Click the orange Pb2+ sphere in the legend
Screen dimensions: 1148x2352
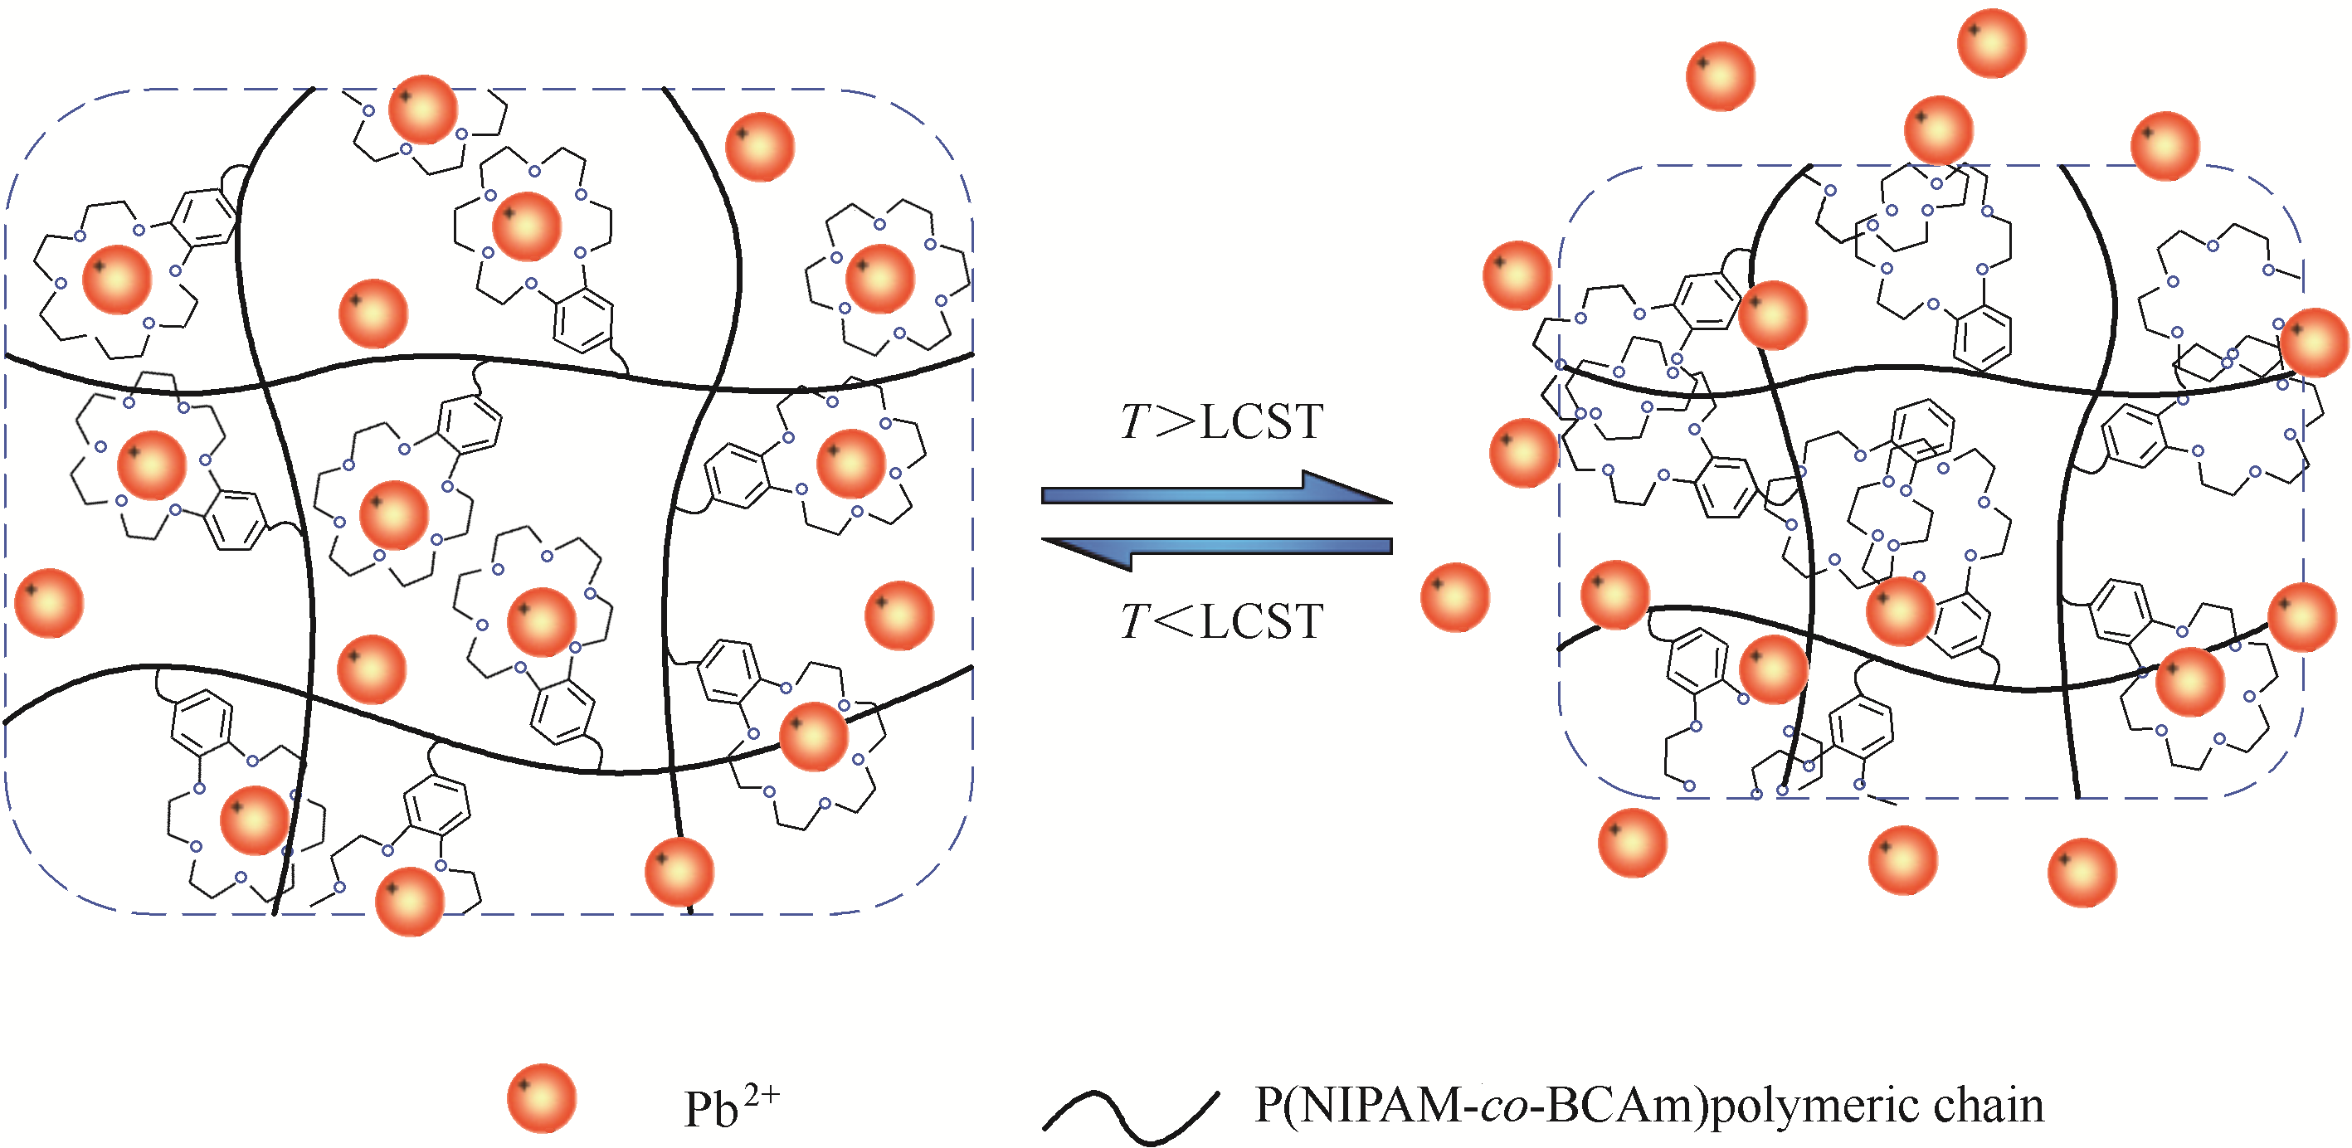point(542,1097)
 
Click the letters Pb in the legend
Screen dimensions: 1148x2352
point(711,1109)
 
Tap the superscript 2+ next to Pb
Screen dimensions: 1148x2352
point(762,1094)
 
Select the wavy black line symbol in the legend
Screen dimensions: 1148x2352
point(1130,1115)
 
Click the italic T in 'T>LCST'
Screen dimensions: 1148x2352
point(1136,421)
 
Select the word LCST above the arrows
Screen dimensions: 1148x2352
point(1262,421)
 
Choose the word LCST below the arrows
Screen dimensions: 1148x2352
point(1262,621)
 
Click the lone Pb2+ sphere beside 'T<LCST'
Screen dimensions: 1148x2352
point(1454,597)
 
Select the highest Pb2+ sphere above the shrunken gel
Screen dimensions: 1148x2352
point(1991,43)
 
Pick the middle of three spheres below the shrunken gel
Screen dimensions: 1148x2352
point(1903,859)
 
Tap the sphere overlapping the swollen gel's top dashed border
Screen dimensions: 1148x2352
point(423,109)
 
